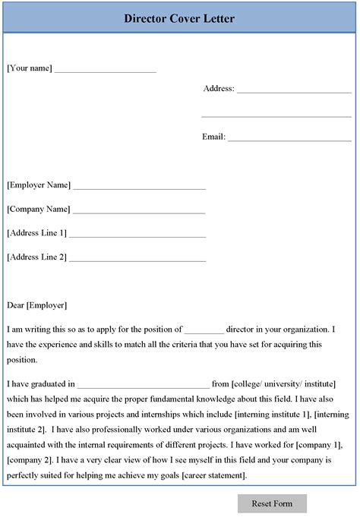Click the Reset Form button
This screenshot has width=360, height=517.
[272, 503]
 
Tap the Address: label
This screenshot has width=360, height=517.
[219, 89]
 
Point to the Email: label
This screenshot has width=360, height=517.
[213, 137]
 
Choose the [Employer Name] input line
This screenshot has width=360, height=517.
[140, 187]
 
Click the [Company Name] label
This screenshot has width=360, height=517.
[38, 209]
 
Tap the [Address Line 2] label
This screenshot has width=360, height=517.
[36, 257]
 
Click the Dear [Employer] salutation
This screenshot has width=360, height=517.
[36, 305]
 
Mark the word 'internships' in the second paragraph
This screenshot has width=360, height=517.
[162, 416]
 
